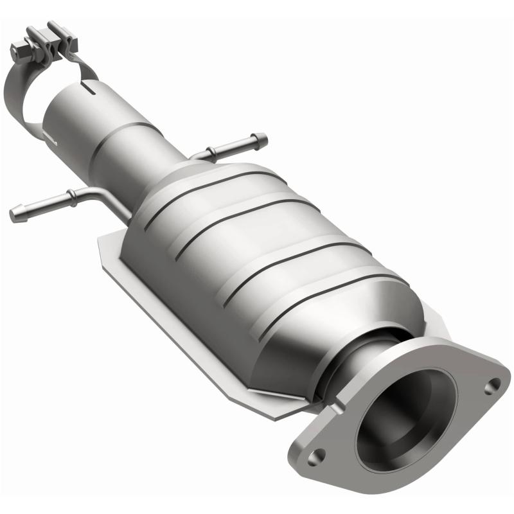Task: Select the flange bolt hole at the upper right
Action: tap(493, 385)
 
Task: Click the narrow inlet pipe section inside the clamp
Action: tap(67, 96)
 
